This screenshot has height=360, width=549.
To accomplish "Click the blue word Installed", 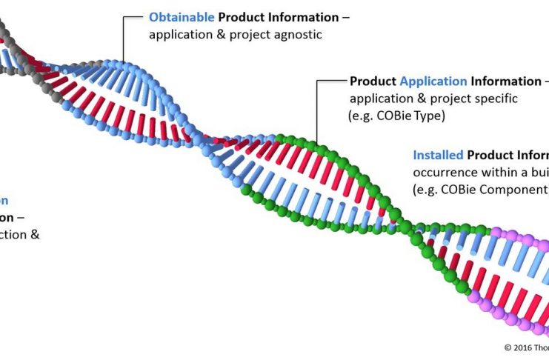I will click(x=438, y=155).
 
